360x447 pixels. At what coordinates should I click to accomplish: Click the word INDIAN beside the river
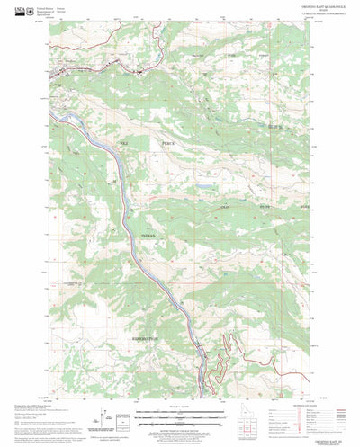click(148, 236)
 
